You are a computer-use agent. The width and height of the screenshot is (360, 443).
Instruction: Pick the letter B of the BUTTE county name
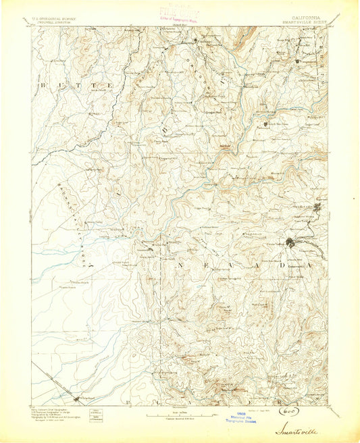[41, 86]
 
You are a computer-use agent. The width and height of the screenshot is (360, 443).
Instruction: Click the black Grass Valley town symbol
[291, 243]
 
